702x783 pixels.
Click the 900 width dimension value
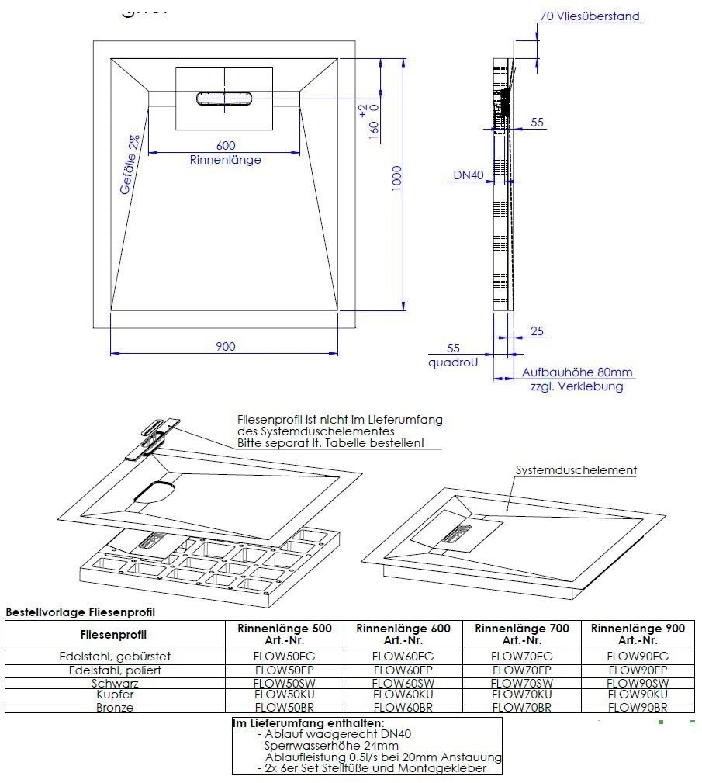point(225,346)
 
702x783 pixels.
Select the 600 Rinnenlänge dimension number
point(225,146)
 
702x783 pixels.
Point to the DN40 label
point(469,176)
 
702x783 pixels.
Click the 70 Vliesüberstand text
point(590,16)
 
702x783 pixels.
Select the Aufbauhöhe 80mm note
point(578,372)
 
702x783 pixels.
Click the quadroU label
point(453,362)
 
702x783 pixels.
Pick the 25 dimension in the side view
point(537,331)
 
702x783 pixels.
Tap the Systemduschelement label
point(576,470)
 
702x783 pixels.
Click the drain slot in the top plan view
point(225,98)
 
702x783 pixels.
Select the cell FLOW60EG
point(403,657)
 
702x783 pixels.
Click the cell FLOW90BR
point(638,707)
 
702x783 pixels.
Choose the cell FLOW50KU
point(284,695)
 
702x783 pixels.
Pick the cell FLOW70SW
point(521,682)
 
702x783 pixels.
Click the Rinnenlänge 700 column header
point(521,634)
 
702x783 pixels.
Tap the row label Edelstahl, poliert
point(116,670)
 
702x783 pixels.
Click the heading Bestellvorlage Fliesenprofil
point(80,612)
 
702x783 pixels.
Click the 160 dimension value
point(374,128)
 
